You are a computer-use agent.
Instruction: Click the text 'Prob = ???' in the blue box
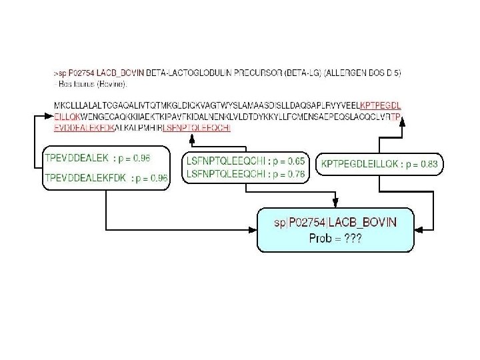pyautogui.click(x=335, y=238)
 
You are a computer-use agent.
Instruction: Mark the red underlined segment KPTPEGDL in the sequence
pyautogui.click(x=380, y=105)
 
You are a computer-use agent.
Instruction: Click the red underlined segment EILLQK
pyautogui.click(x=67, y=117)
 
